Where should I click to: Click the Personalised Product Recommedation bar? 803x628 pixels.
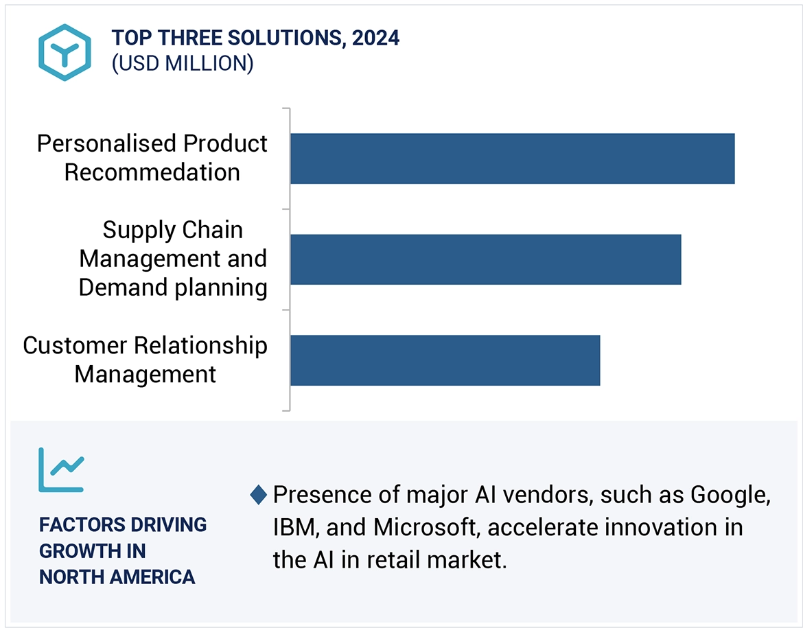coord(512,159)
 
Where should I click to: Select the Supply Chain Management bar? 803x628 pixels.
coord(485,259)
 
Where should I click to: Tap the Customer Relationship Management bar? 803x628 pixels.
coord(445,360)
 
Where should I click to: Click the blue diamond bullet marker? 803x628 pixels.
coord(259,494)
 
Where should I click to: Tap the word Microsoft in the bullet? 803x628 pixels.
coord(423,528)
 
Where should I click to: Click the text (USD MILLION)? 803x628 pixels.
coord(183,64)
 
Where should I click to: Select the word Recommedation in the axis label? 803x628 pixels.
coord(152,172)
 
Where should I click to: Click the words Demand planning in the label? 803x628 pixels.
coord(173,288)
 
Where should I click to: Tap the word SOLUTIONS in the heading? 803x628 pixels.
coord(277,38)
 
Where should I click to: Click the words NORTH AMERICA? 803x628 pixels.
coord(117,577)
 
